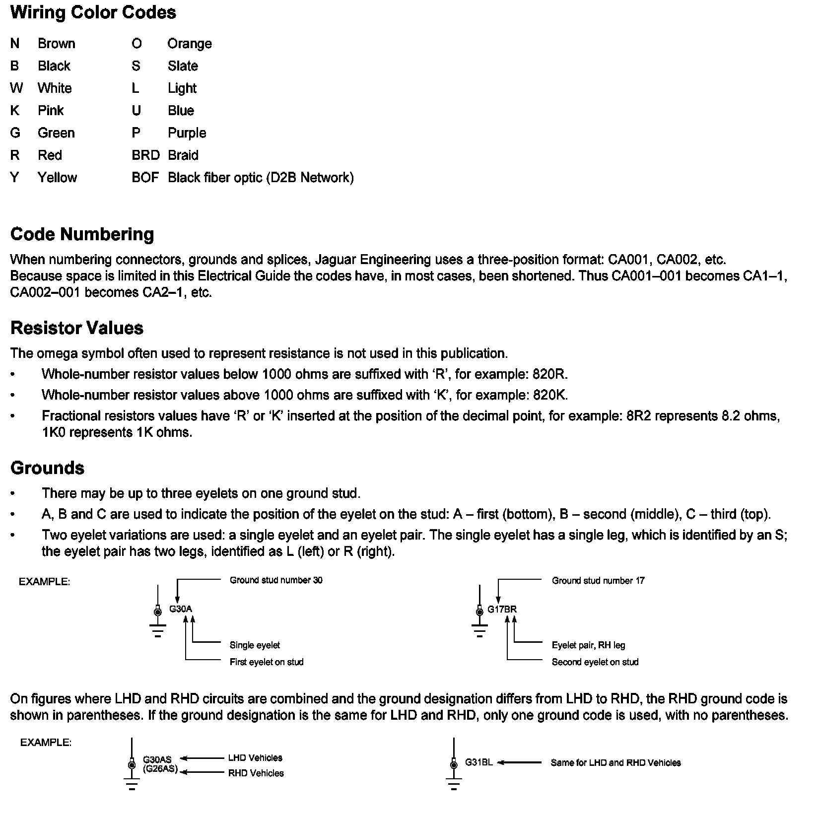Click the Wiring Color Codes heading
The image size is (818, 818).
93,12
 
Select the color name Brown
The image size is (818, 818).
57,44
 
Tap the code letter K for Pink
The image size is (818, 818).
14,110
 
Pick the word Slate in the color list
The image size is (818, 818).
183,66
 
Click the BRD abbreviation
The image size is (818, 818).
145,155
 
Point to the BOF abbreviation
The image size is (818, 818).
145,178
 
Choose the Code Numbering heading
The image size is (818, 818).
82,234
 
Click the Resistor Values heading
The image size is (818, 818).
77,328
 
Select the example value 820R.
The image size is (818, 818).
549,374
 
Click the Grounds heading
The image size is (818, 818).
47,468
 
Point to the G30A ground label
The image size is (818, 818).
181,609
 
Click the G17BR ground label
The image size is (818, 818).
502,610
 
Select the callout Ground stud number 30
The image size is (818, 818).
276,580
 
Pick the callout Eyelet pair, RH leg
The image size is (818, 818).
588,645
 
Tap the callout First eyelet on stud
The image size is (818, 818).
266,662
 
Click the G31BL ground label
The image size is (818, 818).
478,762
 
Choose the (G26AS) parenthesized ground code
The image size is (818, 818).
160,769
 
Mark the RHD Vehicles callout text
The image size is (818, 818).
256,773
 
